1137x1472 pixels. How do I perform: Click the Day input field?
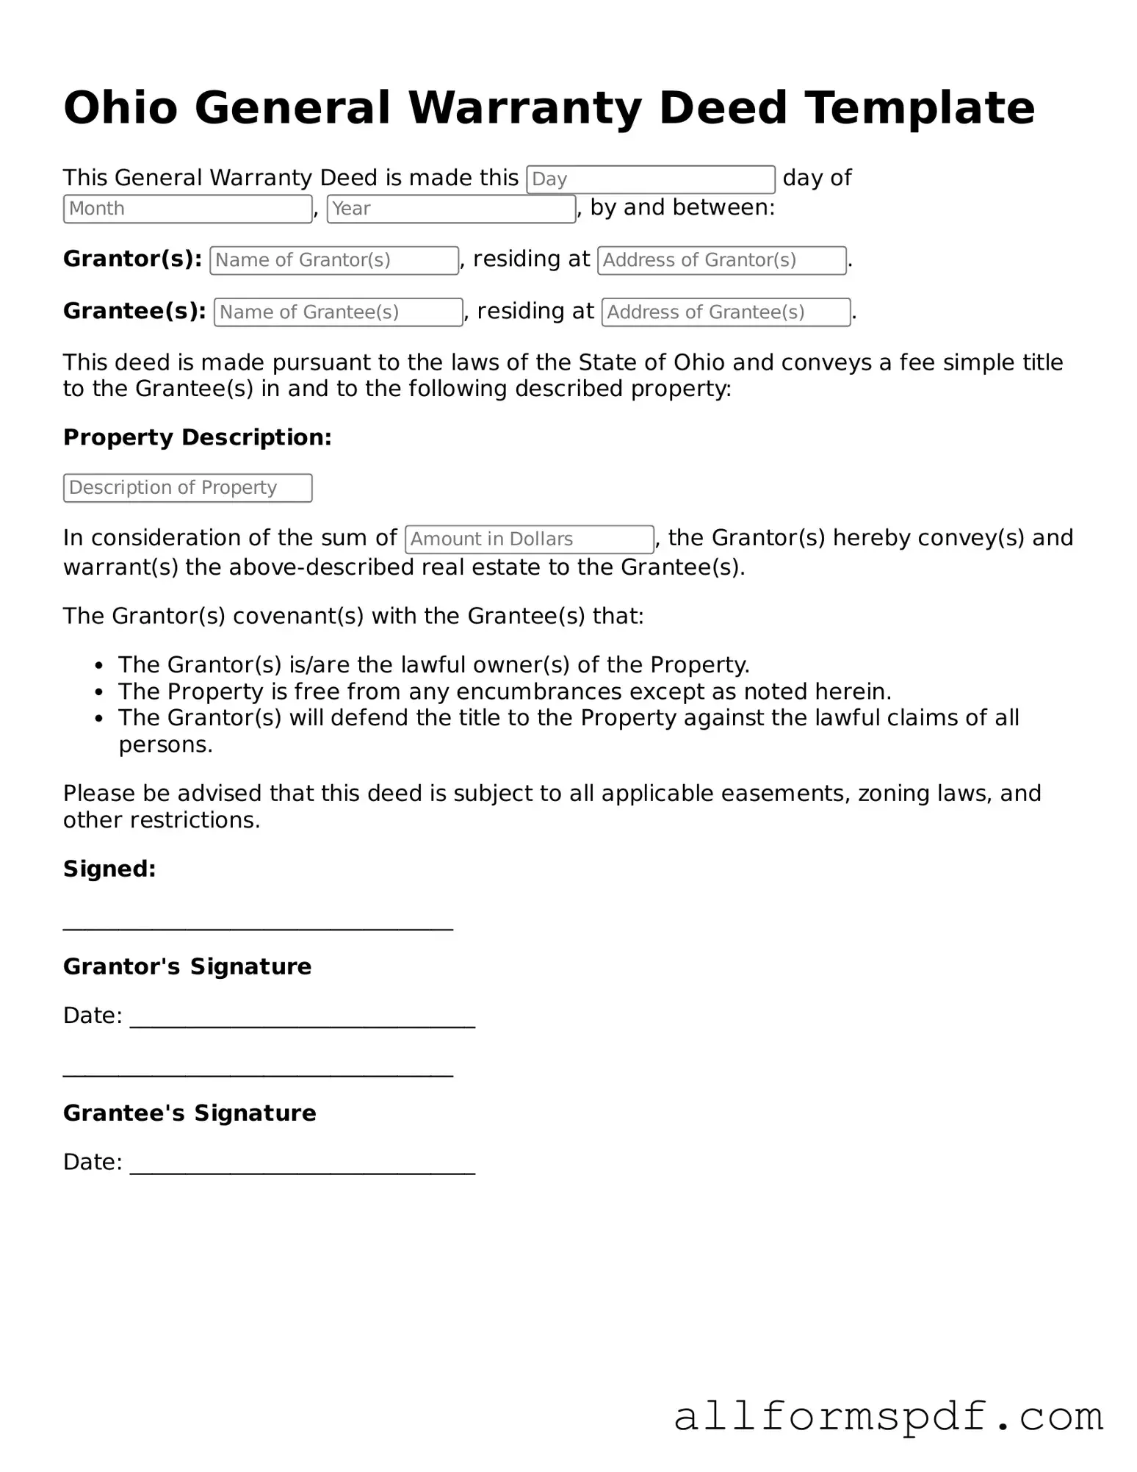tap(650, 179)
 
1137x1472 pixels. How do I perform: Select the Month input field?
tap(187, 209)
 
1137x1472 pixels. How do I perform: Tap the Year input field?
tap(450, 209)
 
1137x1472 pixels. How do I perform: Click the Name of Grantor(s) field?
tap(333, 260)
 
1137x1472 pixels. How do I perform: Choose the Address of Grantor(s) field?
tap(721, 260)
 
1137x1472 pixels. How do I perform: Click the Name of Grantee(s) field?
tap(338, 312)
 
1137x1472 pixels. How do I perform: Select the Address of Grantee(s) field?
tap(726, 312)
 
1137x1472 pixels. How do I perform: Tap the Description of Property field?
tap(187, 488)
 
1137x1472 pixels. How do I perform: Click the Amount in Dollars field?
tap(529, 539)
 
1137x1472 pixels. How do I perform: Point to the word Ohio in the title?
tap(120, 107)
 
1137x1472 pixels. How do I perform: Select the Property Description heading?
tap(197, 437)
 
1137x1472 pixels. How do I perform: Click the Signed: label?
tap(109, 869)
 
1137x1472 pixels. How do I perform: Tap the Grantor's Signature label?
tap(187, 966)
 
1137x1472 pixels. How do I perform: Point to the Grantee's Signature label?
tap(189, 1113)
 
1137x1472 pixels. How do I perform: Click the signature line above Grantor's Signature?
tap(258, 927)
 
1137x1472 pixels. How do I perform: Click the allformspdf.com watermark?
tap(888, 1417)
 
